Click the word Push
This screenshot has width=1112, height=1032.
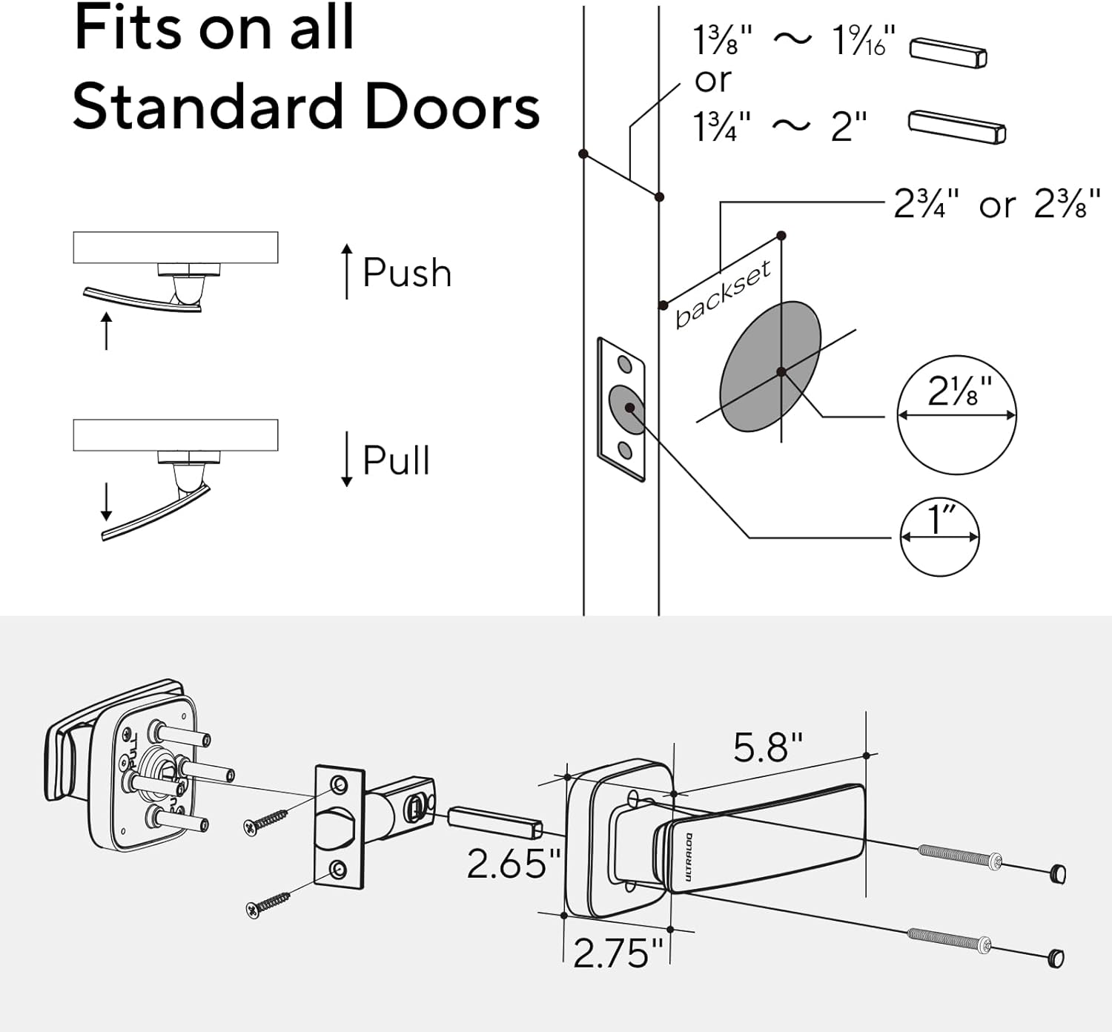click(x=407, y=273)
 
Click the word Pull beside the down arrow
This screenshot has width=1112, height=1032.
click(x=397, y=460)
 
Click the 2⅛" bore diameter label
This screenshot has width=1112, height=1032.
click(x=959, y=391)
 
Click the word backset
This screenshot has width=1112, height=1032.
click(x=723, y=294)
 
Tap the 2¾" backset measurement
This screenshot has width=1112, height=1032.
click(x=926, y=204)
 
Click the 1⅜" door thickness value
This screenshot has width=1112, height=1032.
click(x=722, y=41)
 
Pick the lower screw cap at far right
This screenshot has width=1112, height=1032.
click(x=1056, y=959)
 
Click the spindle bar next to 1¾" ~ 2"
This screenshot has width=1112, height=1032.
click(x=956, y=127)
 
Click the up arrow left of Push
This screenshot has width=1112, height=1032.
click(x=347, y=271)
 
